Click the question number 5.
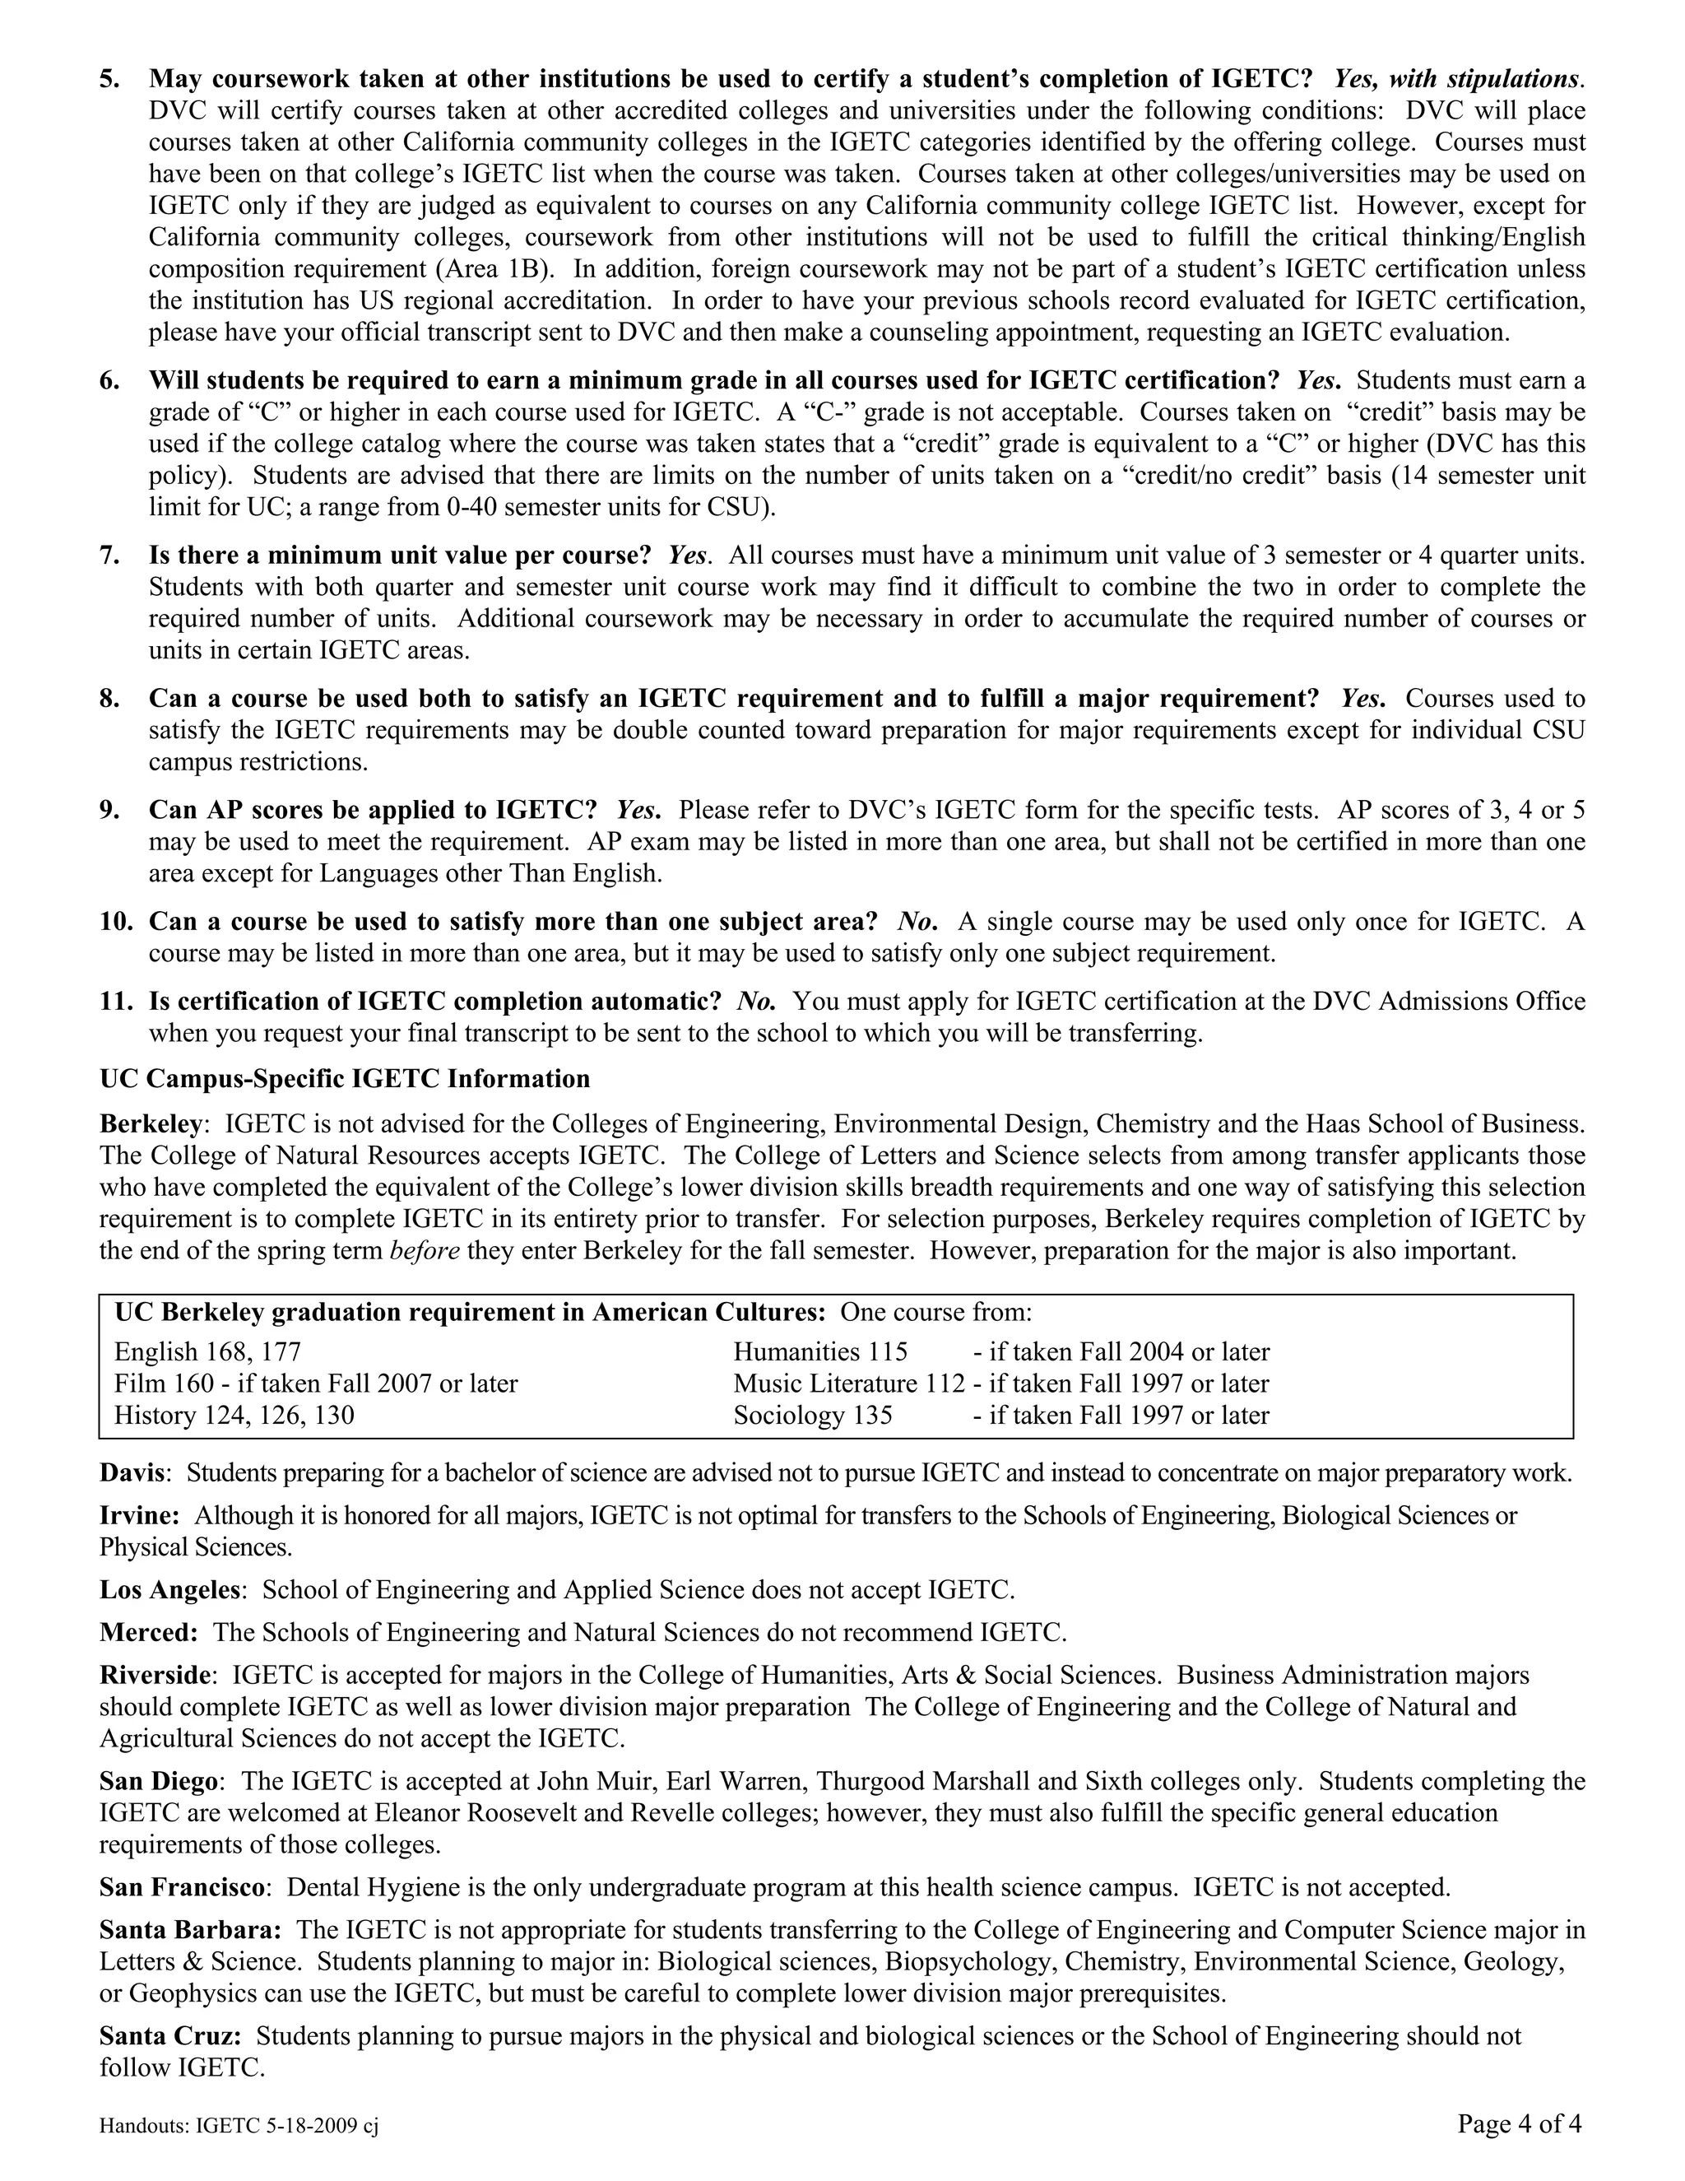pos(109,79)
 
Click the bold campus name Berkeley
pos(150,1123)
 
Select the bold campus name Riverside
pos(156,1675)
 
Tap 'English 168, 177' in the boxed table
pos(207,1352)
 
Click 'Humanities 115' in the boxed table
pos(820,1352)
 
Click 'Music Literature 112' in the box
pos(849,1384)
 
